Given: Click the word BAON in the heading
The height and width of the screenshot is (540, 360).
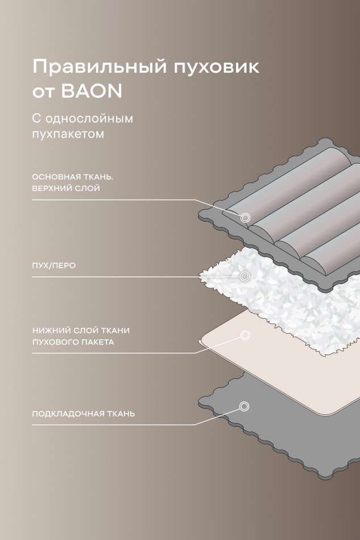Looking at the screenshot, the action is click(x=92, y=92).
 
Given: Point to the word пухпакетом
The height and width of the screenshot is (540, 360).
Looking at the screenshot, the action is click(x=68, y=134).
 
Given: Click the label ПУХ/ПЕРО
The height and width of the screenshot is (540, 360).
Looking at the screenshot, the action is click(x=53, y=266).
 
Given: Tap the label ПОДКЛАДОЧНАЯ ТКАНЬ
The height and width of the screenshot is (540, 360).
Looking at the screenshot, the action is click(x=84, y=414).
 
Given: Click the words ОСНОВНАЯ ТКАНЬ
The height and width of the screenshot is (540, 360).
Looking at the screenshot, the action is click(x=73, y=177).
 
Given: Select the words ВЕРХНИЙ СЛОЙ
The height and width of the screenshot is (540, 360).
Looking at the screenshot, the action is click(x=66, y=188).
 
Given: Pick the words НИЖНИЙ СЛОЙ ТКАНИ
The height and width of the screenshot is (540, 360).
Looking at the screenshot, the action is click(x=81, y=331).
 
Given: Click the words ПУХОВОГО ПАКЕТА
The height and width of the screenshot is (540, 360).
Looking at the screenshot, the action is click(x=73, y=342).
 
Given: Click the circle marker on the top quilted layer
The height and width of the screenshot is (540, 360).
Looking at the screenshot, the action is click(x=245, y=218).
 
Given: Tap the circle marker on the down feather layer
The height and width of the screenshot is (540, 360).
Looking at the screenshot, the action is click(x=245, y=276).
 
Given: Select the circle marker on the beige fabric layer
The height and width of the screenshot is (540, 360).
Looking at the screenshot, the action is click(x=245, y=335).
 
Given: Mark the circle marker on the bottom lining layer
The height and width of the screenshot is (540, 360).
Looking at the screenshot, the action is click(x=244, y=406).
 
